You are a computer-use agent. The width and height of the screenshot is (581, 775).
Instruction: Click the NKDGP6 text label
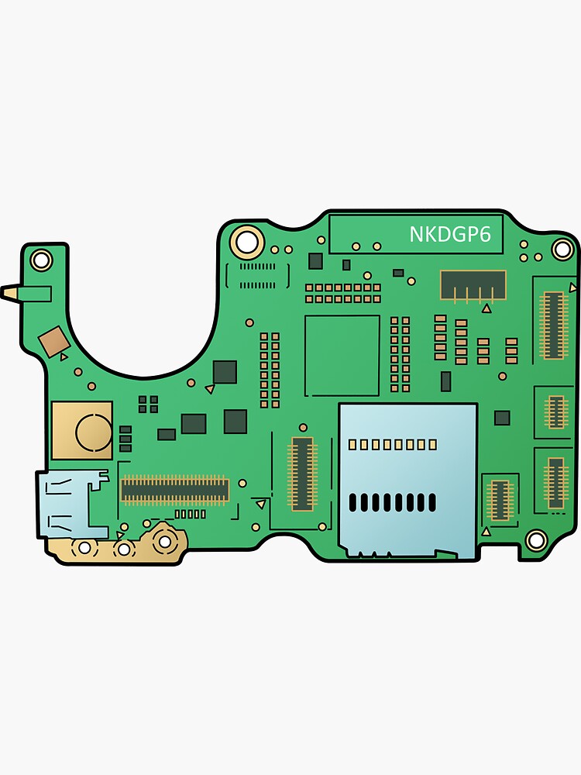pyautogui.click(x=450, y=234)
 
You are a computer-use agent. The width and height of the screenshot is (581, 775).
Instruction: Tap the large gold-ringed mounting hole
pyautogui.click(x=247, y=243)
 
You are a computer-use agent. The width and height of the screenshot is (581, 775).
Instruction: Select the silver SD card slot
pyautogui.click(x=407, y=480)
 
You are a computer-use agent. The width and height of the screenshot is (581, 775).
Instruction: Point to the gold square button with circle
pyautogui.click(x=82, y=430)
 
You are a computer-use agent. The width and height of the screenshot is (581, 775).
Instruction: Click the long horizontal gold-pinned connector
pyautogui.click(x=174, y=489)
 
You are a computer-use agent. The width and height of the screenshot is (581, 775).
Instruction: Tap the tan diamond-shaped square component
pyautogui.click(x=53, y=341)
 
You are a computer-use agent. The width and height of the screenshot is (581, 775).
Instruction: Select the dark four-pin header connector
pyautogui.click(x=473, y=285)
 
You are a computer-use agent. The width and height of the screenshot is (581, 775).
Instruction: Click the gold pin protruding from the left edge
pyautogui.click(x=11, y=293)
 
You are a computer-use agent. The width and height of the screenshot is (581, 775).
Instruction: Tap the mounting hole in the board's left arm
pyautogui.click(x=42, y=259)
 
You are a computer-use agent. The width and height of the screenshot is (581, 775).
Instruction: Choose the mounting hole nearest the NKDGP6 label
pyautogui.click(x=562, y=249)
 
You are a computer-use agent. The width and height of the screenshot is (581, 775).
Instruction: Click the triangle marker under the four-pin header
pyautogui.click(x=486, y=308)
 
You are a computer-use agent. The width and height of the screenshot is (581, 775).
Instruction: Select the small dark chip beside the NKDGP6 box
pyautogui.click(x=315, y=260)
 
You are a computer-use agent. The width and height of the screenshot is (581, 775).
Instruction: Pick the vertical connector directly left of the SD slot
pyautogui.click(x=302, y=474)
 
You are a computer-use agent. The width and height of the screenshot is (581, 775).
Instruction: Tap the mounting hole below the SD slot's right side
pyautogui.click(x=535, y=539)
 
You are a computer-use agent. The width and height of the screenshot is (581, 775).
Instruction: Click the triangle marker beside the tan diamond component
pyautogui.click(x=64, y=356)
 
